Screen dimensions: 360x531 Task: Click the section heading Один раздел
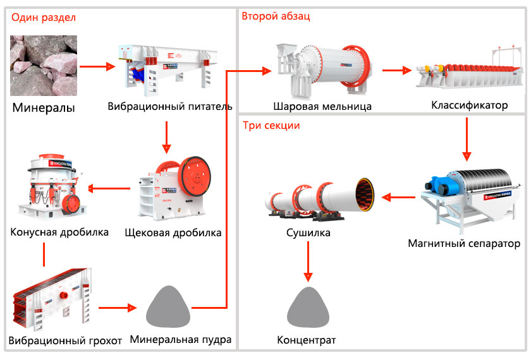[42, 18]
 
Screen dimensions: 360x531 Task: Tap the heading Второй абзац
[276, 16]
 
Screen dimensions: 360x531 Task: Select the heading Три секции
[271, 125]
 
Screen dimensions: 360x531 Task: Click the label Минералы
[44, 108]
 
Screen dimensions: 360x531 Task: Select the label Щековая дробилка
[173, 232]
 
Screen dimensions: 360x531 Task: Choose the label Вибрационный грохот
[65, 341]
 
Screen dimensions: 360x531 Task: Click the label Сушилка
[308, 233]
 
